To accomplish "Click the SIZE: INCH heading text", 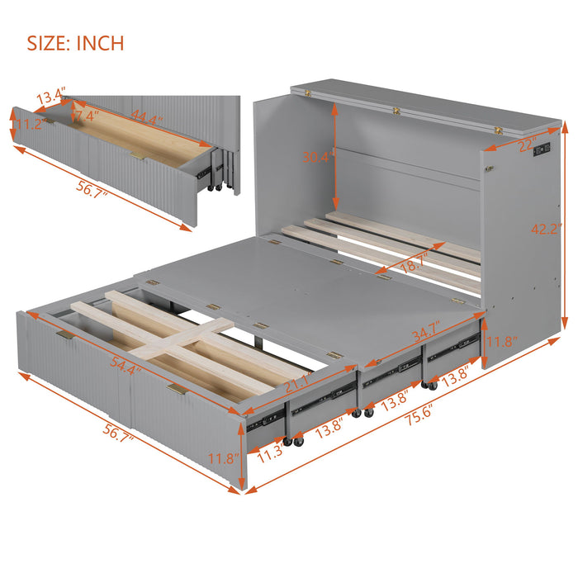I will (76, 43).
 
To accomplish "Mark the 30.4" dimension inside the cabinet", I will (317, 157).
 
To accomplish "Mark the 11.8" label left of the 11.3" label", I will (224, 459).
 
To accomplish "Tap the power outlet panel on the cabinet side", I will (542, 152).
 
